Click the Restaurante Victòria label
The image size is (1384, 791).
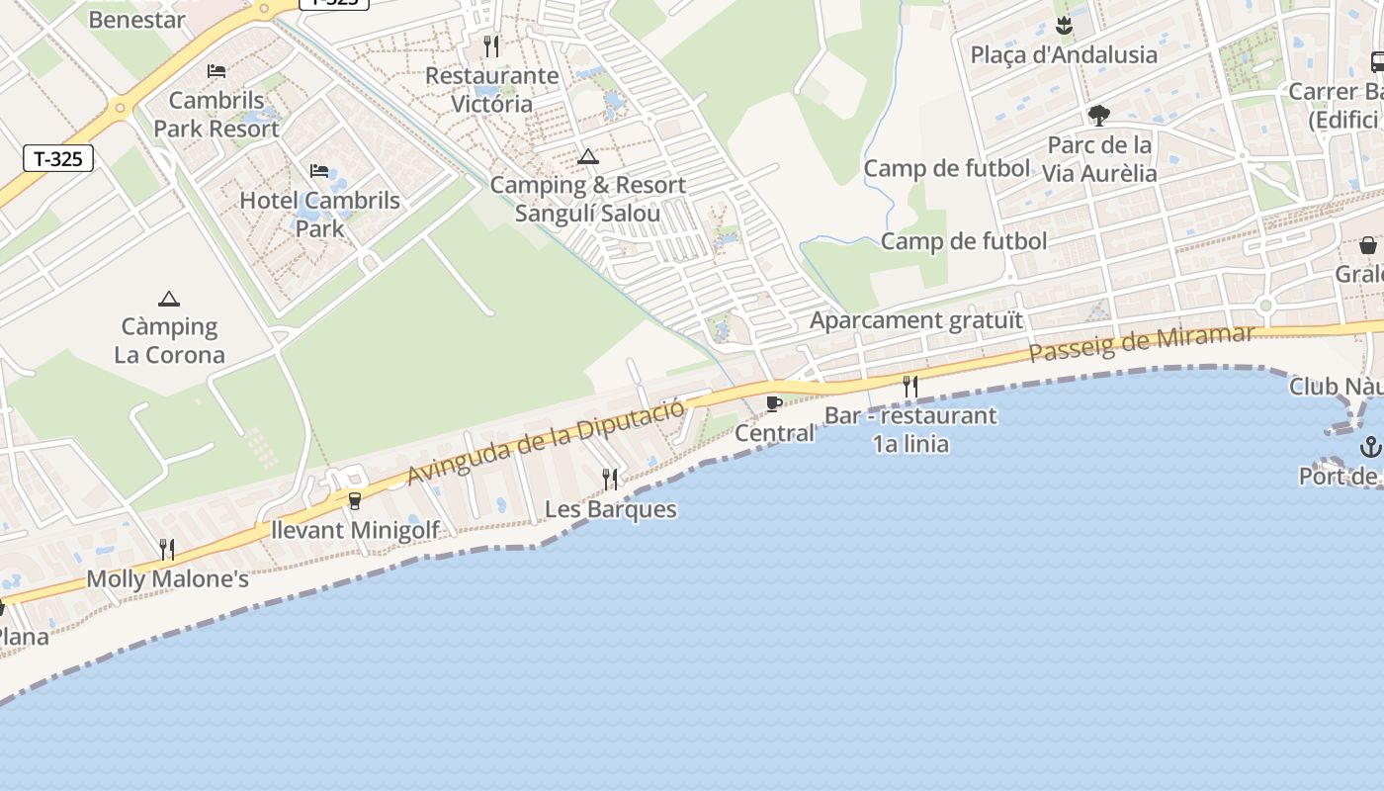491,90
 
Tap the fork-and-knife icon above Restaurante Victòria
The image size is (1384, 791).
491,45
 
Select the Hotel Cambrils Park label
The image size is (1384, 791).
319,214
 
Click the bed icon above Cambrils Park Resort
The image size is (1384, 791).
216,71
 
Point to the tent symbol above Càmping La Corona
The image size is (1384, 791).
169,299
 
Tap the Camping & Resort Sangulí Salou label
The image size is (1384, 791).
587,199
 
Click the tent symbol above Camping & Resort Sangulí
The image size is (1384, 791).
588,156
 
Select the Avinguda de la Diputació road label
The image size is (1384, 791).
546,442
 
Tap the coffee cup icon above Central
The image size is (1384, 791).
774,403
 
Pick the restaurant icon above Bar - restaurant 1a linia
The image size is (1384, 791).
910,386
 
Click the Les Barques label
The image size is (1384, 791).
611,509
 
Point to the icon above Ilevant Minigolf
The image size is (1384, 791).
355,501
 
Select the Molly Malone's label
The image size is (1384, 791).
168,578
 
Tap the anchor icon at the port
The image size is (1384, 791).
1370,446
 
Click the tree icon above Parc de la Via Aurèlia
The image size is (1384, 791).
1098,116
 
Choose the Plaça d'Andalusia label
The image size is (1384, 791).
1064,54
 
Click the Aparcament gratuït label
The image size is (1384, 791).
916,320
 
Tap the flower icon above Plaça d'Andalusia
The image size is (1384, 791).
1064,24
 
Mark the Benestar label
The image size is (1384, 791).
137,19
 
